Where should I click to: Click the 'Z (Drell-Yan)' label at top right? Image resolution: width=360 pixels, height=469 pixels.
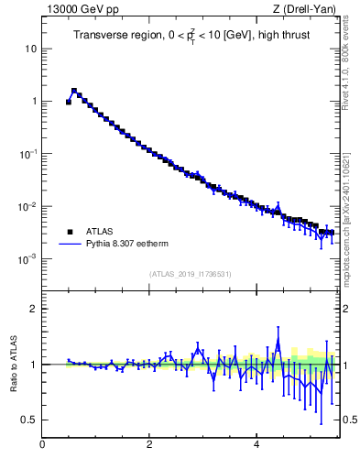pos(304,9)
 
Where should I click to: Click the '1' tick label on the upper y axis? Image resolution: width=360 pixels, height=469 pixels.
pos(32,101)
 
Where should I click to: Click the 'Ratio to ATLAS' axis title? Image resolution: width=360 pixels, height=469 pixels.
pos(15,364)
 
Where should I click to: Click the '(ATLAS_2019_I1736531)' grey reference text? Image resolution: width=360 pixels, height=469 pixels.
pos(190,274)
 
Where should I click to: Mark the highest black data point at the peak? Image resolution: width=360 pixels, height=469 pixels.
pos(74,91)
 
